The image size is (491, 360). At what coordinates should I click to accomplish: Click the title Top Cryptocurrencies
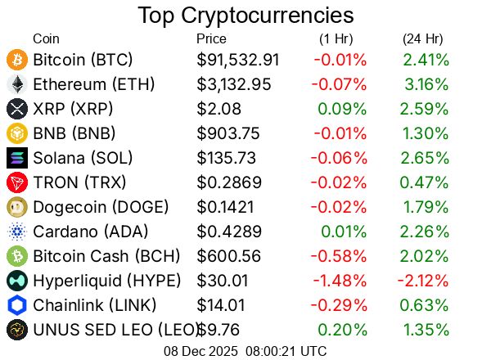coord(245,16)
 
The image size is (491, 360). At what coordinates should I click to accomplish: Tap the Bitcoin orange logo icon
coord(17,60)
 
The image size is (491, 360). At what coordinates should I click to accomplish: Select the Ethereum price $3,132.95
coord(239,84)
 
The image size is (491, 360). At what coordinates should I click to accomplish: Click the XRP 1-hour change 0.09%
coord(342,109)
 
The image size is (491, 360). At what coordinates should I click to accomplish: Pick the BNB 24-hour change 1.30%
coord(426,133)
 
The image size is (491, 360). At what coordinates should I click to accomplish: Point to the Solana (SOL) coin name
coord(83,158)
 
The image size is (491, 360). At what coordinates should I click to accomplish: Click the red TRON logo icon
coord(17,182)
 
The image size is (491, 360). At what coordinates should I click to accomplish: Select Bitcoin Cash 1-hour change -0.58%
coord(340,256)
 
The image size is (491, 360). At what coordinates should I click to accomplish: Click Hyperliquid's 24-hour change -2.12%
coord(423,281)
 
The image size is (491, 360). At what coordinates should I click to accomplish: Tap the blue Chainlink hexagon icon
coord(17,305)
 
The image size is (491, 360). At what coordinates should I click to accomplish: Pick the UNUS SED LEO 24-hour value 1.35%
coord(426,330)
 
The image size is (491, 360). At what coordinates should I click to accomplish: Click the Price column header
coord(211,38)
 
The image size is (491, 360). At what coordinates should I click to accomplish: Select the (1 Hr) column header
coord(336,38)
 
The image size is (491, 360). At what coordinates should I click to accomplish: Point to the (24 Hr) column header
coord(422,38)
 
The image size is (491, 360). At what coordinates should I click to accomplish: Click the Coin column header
coord(46,38)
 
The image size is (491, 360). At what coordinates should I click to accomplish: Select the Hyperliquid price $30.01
coord(222,281)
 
